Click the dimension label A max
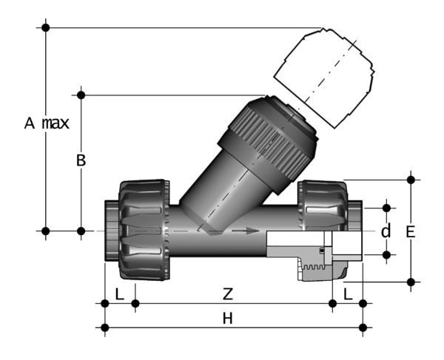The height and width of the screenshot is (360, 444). (x=46, y=123)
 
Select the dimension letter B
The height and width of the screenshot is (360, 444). (x=81, y=160)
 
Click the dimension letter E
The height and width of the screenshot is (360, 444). (x=411, y=231)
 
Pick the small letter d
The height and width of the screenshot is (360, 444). (x=386, y=231)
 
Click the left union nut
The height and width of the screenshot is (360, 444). (x=143, y=228)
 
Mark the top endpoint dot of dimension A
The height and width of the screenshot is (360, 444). (x=46, y=27)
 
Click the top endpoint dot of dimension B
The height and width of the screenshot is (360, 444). (x=81, y=94)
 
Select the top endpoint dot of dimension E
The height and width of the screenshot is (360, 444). (x=411, y=179)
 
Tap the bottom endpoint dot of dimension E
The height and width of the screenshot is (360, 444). (x=411, y=282)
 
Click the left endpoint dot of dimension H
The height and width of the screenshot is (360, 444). (x=104, y=326)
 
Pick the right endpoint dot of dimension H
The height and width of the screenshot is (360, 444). (x=362, y=326)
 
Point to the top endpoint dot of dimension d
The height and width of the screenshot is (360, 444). (x=386, y=206)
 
